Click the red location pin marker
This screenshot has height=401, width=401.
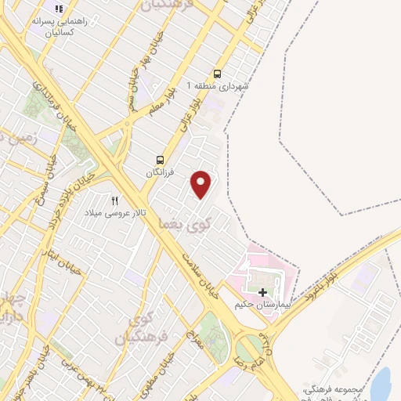[x=202, y=184]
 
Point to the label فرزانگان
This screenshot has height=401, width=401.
[x=160, y=170]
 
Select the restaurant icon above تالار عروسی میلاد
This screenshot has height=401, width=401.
[x=115, y=200]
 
